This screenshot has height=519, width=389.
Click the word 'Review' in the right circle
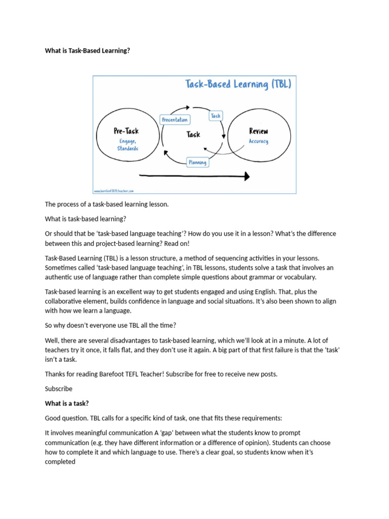click(x=259, y=131)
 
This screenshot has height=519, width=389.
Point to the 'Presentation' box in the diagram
click(x=175, y=120)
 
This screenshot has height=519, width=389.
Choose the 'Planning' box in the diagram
click(x=197, y=162)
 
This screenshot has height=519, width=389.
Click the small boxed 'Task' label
click(x=216, y=116)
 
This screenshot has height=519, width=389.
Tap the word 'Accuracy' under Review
click(x=259, y=141)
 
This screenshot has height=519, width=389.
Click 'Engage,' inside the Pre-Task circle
click(x=128, y=141)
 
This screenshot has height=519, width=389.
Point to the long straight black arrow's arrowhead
click(x=247, y=176)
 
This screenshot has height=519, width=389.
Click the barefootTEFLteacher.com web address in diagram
click(x=113, y=191)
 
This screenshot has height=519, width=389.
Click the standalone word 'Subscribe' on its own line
click(x=59, y=389)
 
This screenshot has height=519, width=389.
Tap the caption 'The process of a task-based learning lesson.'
click(x=106, y=204)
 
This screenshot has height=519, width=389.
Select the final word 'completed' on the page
click(x=60, y=462)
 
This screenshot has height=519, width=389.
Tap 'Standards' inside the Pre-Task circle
click(x=128, y=149)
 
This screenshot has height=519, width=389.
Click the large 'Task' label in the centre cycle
click(x=193, y=134)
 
